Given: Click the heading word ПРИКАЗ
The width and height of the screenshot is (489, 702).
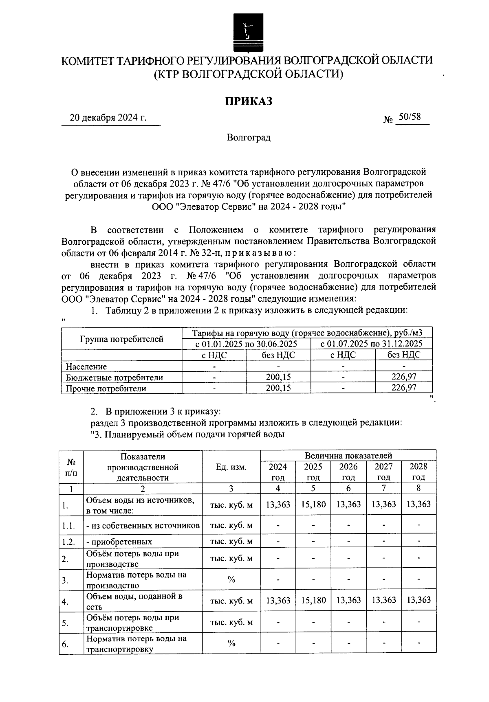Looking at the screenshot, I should (249, 101).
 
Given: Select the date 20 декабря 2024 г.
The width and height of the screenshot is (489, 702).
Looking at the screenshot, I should (108, 118).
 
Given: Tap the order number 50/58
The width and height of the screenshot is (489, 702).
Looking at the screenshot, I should (409, 117).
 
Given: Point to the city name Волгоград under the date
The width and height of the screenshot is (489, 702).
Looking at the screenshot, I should (249, 138).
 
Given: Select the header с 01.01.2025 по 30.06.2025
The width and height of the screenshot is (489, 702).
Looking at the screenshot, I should (246, 344).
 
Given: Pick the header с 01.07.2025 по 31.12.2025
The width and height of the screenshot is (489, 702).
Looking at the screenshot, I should (371, 344).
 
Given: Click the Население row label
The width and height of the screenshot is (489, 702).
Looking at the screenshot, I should (86, 366).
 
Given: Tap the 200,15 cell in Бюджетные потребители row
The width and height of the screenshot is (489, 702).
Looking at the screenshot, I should (278, 377).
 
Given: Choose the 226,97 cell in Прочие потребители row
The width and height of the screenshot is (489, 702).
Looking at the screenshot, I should (404, 388).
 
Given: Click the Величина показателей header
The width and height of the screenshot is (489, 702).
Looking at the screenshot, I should (348, 455).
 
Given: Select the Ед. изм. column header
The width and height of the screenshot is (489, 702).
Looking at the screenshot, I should (231, 467).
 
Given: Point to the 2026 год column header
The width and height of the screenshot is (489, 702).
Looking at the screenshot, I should (348, 472).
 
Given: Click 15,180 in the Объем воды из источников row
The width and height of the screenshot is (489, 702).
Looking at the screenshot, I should (313, 505).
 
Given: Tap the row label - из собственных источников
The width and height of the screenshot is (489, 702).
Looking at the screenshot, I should (143, 525).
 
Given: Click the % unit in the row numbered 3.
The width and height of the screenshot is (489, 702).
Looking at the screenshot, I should (231, 580).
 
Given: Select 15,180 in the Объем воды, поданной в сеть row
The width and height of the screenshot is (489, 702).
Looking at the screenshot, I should (313, 600).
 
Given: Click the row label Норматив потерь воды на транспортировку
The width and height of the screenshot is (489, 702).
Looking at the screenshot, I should (137, 644).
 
